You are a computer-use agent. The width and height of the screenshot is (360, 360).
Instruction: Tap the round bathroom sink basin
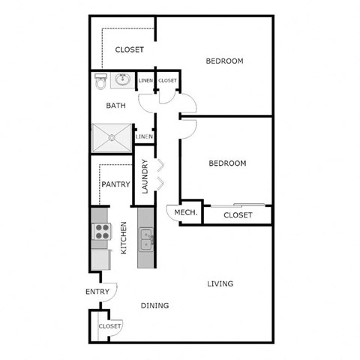click(x=123, y=80)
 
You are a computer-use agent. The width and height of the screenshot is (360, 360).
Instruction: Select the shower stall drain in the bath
click(x=111, y=138)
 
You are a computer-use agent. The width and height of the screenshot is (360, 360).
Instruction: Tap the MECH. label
click(x=185, y=213)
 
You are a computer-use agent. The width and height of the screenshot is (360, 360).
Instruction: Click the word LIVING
click(x=220, y=283)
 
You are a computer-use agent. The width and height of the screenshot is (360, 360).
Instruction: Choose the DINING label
click(x=154, y=305)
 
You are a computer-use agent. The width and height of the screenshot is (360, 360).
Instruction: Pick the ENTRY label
click(x=97, y=292)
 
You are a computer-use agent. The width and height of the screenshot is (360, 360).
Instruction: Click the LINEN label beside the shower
click(x=144, y=136)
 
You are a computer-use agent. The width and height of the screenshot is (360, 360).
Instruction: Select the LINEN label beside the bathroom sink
click(x=145, y=80)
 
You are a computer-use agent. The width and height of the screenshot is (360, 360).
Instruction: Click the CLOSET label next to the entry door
click(x=109, y=326)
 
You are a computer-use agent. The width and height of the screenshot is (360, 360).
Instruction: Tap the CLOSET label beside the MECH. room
click(x=238, y=216)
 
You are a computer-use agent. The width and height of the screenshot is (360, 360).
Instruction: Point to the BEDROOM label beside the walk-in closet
click(x=225, y=61)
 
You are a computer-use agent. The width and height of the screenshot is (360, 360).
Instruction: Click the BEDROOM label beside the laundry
click(x=226, y=163)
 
